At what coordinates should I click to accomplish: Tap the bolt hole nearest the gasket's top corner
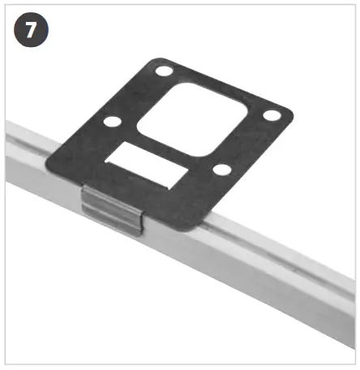[x=165, y=72]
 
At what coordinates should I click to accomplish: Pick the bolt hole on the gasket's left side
[x=112, y=122]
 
